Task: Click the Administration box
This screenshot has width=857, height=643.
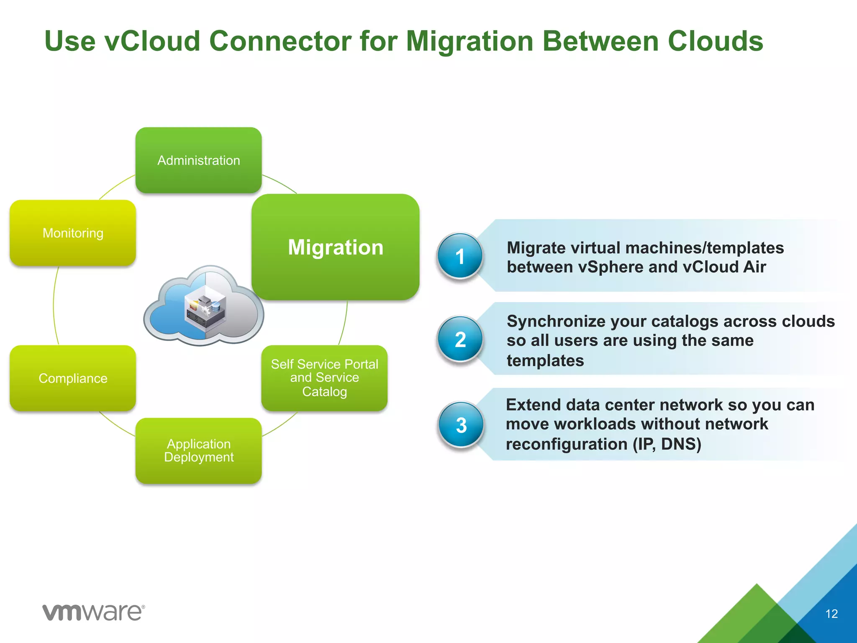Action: point(199,160)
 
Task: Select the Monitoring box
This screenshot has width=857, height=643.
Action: point(73,233)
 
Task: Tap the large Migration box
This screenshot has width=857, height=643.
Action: point(336,247)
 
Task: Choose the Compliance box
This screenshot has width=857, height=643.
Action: point(73,378)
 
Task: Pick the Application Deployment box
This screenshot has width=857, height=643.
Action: point(199,451)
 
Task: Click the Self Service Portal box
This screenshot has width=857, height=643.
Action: point(324,378)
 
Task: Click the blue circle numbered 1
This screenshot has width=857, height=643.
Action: point(460,256)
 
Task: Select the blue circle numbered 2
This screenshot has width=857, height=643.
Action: point(460,339)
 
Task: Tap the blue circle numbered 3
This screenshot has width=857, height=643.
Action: point(461,425)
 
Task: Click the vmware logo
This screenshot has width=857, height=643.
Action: point(94,612)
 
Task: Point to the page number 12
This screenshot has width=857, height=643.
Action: point(831,614)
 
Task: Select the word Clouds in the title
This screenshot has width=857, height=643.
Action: point(715,41)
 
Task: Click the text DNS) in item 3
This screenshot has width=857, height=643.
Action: point(681,444)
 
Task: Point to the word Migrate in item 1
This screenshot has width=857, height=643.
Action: point(536,248)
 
